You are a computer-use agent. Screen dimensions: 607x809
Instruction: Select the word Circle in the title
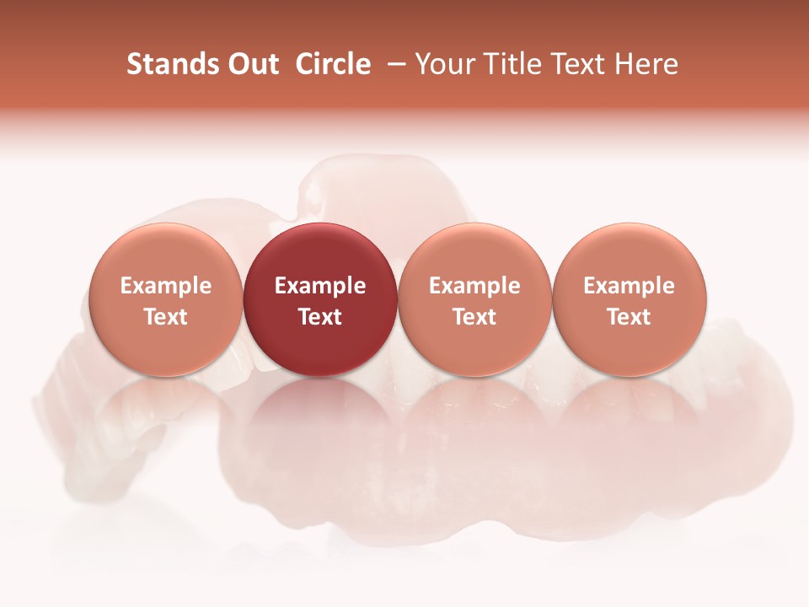[333, 64]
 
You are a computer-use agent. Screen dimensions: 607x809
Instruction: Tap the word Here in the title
[646, 64]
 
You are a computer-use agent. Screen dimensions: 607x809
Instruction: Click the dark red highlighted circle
[320, 299]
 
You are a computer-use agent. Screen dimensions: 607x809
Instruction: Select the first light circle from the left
[166, 299]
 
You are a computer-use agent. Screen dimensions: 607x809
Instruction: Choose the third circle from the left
[474, 299]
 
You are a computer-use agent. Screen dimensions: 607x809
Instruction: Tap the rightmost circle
[630, 299]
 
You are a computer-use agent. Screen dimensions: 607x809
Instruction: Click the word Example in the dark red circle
[320, 286]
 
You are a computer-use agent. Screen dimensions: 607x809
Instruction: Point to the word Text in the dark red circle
[320, 317]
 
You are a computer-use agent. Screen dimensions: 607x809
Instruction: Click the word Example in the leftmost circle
[166, 286]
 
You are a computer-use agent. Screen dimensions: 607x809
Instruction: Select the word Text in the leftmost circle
[166, 317]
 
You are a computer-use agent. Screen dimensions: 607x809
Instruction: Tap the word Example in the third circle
[474, 286]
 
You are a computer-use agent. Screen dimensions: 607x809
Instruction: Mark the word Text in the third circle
[474, 317]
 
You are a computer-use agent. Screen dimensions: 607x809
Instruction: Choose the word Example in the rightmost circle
[630, 286]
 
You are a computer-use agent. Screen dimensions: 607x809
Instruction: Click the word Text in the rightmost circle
[630, 317]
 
